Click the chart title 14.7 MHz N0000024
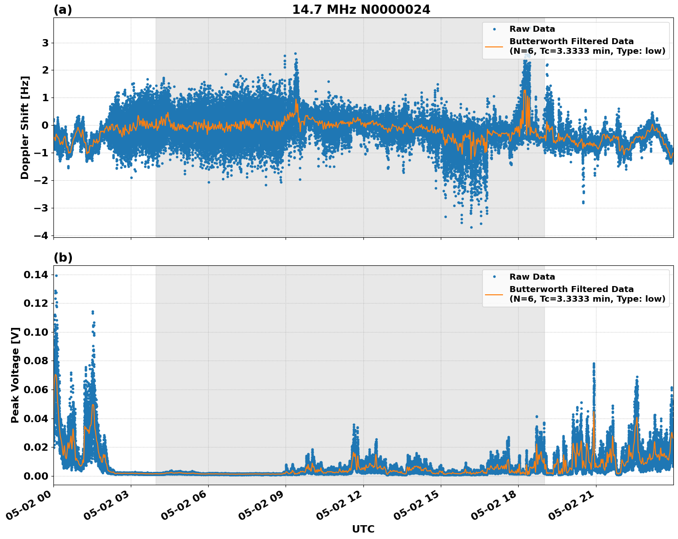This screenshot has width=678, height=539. pyautogui.click(x=361, y=10)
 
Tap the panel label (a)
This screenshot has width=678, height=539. pyautogui.click(x=63, y=10)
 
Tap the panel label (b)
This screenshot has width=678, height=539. pyautogui.click(x=63, y=258)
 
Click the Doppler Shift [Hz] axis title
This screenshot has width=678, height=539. pyautogui.click(x=25, y=127)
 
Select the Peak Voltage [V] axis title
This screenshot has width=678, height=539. pyautogui.click(x=15, y=375)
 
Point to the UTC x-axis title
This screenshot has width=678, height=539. pyautogui.click(x=363, y=529)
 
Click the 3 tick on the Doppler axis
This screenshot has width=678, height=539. pyautogui.click(x=45, y=43)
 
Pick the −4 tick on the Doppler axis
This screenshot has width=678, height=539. pyautogui.click(x=41, y=235)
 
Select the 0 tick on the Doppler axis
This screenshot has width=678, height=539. pyautogui.click(x=45, y=125)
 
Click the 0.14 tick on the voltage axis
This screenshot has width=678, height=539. pyautogui.click(x=35, y=275)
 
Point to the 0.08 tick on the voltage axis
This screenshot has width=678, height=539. pyautogui.click(x=35, y=361)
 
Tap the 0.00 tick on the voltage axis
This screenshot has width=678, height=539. pyautogui.click(x=35, y=476)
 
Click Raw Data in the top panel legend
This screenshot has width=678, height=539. pyautogui.click(x=532, y=29)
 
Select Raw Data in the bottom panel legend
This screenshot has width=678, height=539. pyautogui.click(x=532, y=277)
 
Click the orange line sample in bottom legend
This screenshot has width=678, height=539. pyautogui.click(x=494, y=294)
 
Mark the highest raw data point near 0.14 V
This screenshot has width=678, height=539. pyautogui.click(x=56, y=275)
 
